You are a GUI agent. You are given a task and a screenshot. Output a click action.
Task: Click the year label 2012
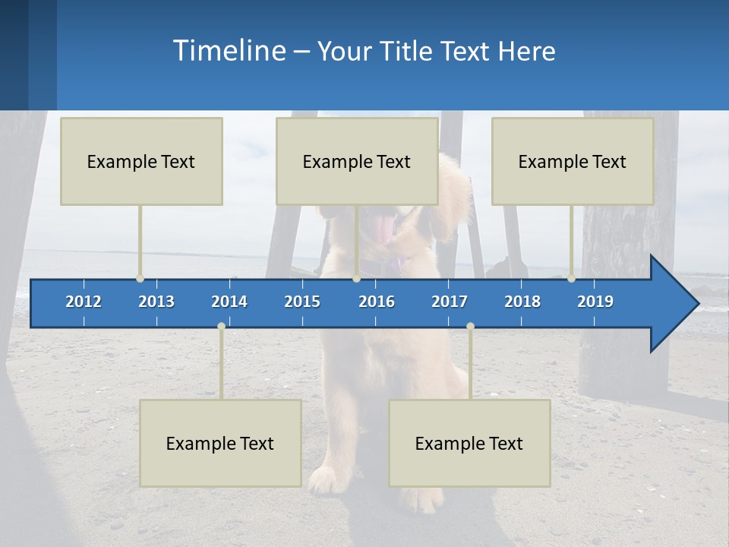click(84, 302)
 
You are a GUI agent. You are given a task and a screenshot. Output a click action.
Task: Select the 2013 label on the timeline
click(156, 302)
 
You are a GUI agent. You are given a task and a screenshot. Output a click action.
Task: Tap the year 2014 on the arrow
click(229, 302)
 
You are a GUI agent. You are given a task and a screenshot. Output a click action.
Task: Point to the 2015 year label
click(302, 302)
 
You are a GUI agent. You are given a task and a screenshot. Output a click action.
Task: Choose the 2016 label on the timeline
click(377, 302)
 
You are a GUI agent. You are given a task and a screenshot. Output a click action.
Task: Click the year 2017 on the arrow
click(450, 302)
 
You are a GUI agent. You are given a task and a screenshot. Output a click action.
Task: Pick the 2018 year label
click(522, 302)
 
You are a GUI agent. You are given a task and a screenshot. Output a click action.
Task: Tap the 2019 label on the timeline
click(595, 302)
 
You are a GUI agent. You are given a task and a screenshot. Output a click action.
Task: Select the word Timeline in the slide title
click(229, 51)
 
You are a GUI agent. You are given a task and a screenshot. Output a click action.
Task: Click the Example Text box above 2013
click(141, 161)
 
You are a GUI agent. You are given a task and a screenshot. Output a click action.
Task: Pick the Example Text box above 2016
click(357, 161)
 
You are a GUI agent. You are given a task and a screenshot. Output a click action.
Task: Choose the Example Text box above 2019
click(573, 161)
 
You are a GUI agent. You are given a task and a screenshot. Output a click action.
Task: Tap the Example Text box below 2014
click(220, 443)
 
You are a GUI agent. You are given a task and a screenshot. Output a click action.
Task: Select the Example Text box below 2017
click(469, 443)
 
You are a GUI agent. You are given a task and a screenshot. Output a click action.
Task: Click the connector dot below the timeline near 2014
click(221, 326)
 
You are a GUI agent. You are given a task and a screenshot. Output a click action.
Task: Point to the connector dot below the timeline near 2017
click(470, 326)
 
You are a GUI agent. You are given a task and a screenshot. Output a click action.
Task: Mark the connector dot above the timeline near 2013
click(140, 278)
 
